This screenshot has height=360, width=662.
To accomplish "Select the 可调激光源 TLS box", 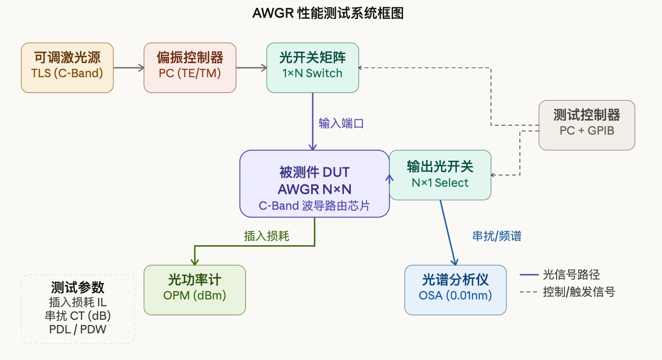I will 67,67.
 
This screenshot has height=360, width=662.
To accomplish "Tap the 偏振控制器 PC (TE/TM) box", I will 190,67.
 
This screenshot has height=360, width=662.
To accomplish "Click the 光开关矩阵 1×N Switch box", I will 312,67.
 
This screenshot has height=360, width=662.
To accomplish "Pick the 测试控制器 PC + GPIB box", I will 587,125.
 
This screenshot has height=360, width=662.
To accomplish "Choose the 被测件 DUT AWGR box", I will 314,184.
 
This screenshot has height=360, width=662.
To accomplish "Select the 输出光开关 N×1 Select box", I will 440,175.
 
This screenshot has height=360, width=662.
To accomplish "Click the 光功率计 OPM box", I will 194,290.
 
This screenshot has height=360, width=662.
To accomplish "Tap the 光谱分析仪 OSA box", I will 455,290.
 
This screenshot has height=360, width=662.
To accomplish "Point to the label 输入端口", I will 341,124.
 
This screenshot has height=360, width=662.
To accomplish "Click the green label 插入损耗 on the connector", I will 266,236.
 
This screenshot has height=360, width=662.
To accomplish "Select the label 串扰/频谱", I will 496,236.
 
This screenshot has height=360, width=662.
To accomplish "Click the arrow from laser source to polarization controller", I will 128,67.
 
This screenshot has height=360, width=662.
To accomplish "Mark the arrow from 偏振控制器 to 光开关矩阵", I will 251,67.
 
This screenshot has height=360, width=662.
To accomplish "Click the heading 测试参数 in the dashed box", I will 78,287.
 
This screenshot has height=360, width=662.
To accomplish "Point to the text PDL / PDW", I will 78,329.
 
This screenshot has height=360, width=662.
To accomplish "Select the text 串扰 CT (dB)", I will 78,316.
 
